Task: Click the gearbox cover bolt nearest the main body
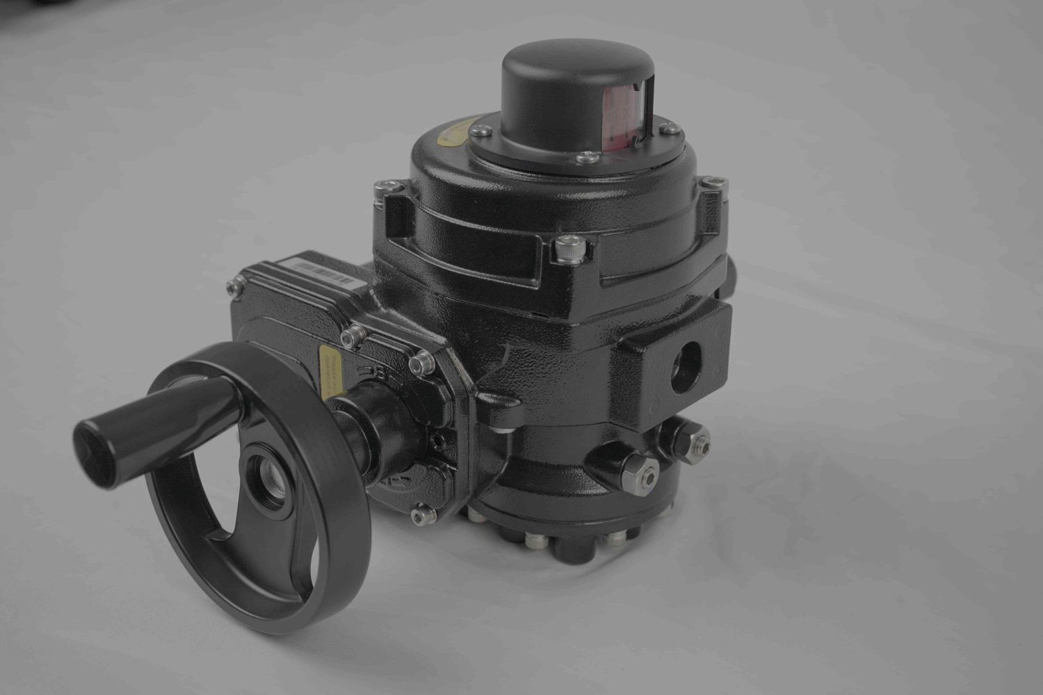pos(421,361)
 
